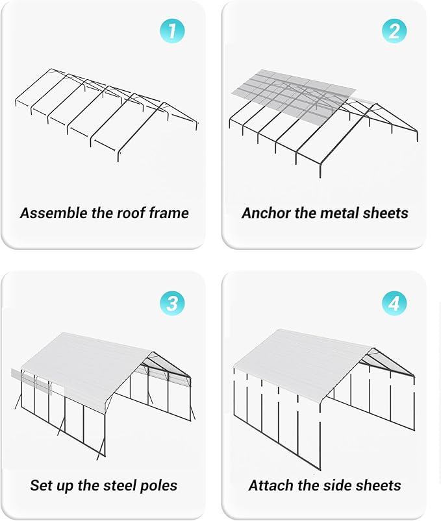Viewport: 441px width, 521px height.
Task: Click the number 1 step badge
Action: [172, 31]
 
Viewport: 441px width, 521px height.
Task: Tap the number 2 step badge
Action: [394, 31]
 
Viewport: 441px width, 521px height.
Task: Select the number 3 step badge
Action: [172, 303]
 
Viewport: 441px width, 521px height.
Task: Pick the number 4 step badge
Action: [394, 303]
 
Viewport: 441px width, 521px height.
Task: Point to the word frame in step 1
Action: [168, 213]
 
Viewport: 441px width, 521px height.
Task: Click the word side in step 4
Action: [338, 485]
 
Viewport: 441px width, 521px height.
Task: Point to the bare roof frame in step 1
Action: [104, 110]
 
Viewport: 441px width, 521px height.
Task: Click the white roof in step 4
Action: [299, 360]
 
